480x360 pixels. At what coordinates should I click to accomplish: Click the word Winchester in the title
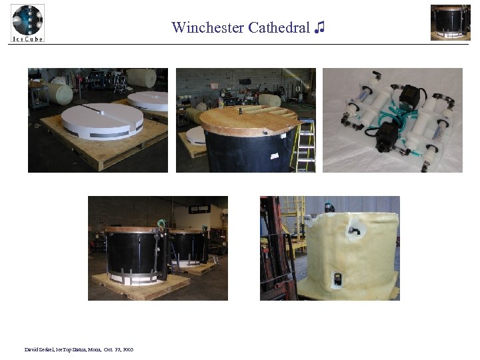pos(207,27)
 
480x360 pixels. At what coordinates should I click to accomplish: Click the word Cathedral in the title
pos(279,27)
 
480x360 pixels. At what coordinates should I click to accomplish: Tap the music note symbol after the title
pos(321,27)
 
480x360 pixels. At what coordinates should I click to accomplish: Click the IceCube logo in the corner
pos(27,23)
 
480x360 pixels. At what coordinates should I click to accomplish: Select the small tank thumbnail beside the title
pos(450,22)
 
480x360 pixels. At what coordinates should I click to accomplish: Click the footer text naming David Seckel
pos(79,349)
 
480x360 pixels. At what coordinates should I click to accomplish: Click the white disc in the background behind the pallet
pos(149,100)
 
